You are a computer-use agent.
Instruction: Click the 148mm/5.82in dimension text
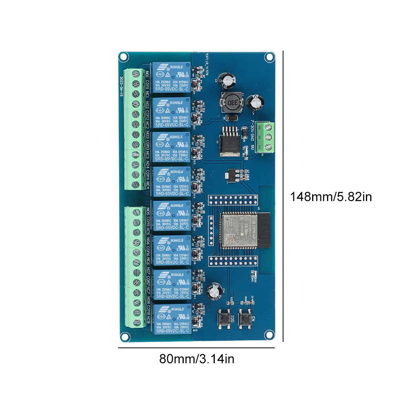click(x=331, y=196)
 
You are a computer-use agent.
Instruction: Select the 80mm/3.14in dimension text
click(x=197, y=358)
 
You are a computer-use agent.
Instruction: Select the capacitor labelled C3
click(x=230, y=79)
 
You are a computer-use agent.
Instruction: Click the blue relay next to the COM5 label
click(x=172, y=217)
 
